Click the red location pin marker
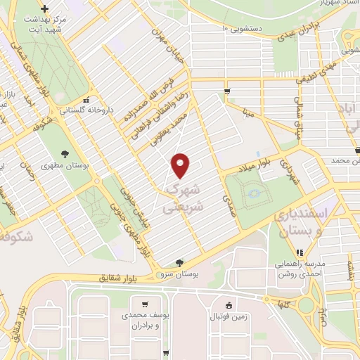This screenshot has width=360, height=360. [181, 166]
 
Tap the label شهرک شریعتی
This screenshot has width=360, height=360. [185, 198]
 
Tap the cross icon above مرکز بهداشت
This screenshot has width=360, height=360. [45, 9]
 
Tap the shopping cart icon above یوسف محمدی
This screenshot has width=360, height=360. [145, 304]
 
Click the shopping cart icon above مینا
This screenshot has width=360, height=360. [227, 91]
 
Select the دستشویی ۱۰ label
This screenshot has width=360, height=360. [241, 29]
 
